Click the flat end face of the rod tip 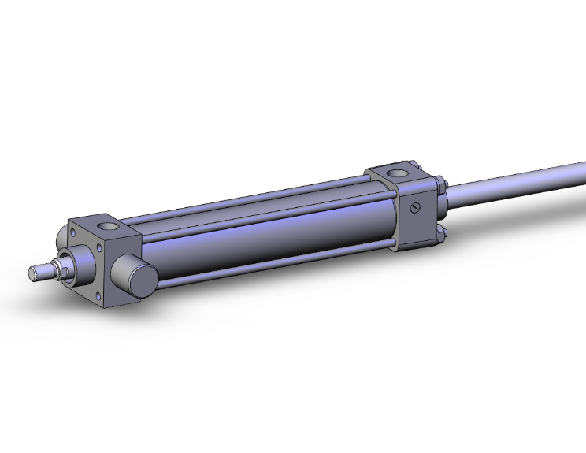coord(33,273)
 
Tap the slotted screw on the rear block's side coord(417,207)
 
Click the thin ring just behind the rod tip coord(46,271)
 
